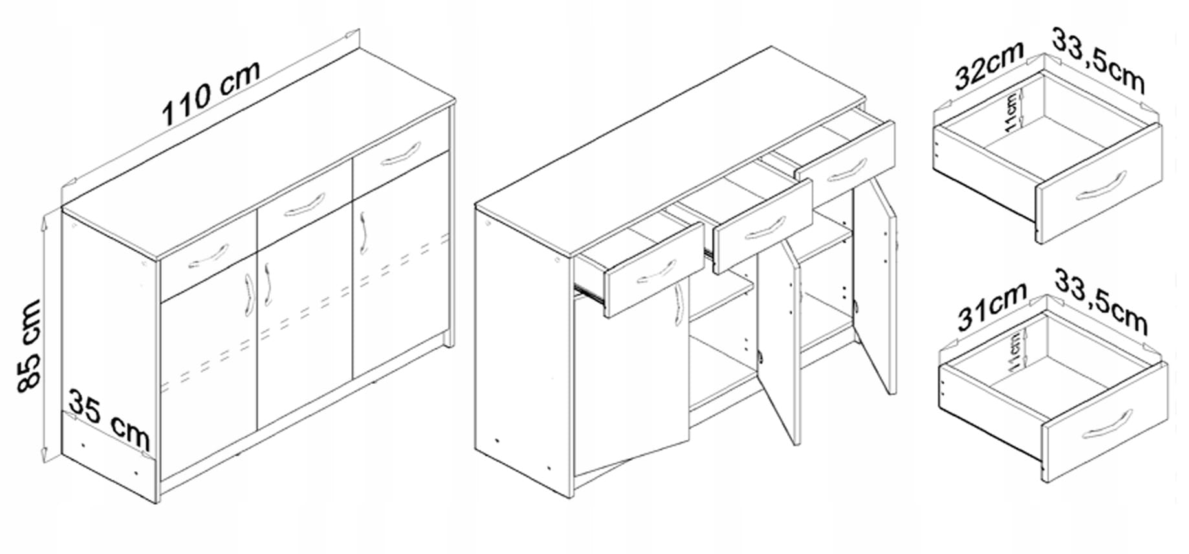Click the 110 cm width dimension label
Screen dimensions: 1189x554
point(211,93)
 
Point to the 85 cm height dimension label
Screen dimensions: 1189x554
point(28,346)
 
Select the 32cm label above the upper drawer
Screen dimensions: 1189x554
point(988,65)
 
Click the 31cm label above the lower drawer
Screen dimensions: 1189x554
point(991,306)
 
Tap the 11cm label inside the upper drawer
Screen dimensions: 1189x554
point(1012,113)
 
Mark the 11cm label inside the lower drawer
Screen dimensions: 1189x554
point(1015,350)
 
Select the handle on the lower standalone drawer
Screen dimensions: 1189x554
point(1107,425)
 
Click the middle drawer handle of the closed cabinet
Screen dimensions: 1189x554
point(305,204)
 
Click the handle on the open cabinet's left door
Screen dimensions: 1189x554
point(678,304)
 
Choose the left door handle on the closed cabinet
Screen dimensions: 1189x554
point(248,295)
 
